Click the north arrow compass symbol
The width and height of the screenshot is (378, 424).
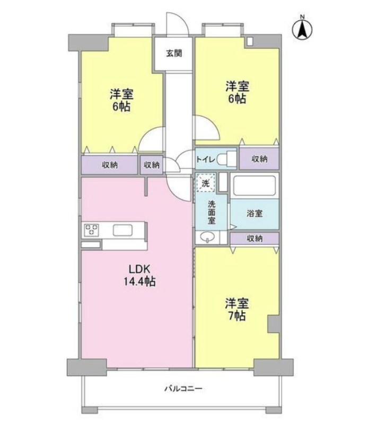[x=302, y=28]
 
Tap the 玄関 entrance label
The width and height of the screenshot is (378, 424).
[x=174, y=54]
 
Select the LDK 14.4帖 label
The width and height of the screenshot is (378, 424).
[x=139, y=275]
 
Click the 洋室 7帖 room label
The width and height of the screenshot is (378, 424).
[x=237, y=310]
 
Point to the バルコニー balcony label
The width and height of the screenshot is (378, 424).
[x=184, y=389]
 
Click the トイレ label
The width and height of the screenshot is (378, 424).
[x=206, y=160]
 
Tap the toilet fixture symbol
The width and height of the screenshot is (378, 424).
[x=226, y=158]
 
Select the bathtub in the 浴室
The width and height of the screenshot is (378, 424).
[x=254, y=185]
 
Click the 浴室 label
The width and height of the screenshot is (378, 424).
[x=254, y=214]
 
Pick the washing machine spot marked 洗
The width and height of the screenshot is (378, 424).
[x=206, y=183]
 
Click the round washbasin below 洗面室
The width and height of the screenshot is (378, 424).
[x=207, y=237]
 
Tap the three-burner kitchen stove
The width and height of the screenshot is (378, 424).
[x=91, y=230]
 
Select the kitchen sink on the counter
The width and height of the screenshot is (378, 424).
[x=122, y=231]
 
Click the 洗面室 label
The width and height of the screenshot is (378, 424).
[x=212, y=213]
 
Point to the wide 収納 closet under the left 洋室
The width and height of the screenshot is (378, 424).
[x=110, y=165]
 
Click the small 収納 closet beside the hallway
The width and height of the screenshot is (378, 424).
[x=152, y=165]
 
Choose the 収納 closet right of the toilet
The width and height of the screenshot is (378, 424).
[x=259, y=158]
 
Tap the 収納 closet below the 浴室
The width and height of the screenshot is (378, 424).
[x=254, y=238]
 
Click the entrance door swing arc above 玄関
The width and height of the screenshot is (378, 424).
[x=177, y=24]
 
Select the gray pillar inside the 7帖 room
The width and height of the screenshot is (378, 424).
[x=274, y=324]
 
